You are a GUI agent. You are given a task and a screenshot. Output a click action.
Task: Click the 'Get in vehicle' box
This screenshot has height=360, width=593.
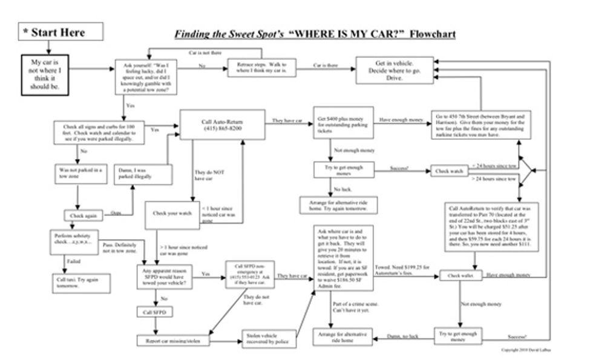394,70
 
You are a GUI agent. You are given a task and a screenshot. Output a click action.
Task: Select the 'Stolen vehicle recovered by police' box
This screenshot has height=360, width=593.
269,339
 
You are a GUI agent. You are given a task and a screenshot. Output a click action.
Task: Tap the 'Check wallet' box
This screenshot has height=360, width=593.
460,275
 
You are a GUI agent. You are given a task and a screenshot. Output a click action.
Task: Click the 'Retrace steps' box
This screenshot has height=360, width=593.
262,68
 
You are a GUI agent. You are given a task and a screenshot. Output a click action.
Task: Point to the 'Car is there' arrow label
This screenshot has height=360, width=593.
326,64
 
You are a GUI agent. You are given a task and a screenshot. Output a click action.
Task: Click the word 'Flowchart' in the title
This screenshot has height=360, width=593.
432,34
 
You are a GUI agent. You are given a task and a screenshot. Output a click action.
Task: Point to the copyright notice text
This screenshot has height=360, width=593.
525,350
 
